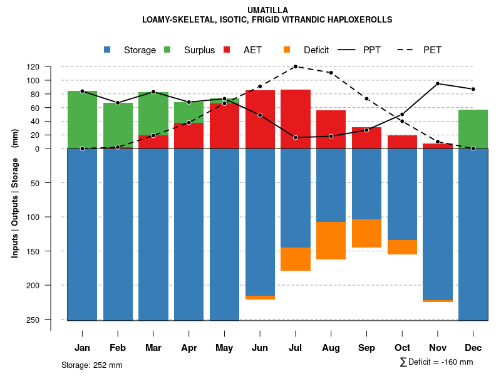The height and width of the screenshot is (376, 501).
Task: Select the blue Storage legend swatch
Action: (107, 50)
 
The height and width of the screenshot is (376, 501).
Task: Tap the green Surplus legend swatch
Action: (167, 50)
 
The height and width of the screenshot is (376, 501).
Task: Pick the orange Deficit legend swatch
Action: (287, 50)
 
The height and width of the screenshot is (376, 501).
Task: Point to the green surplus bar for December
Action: (473, 129)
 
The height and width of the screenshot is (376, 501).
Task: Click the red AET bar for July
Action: (296, 119)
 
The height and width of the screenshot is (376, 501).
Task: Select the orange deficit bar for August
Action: (331, 241)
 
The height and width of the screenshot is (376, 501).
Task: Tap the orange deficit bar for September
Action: (366, 233)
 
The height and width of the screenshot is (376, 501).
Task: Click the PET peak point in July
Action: (296, 66)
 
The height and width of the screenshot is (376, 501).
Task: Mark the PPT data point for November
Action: (438, 83)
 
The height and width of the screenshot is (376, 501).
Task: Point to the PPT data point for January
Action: (82, 91)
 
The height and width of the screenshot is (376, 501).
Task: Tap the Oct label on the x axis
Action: (402, 348)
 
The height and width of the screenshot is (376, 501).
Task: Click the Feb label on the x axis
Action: (118, 348)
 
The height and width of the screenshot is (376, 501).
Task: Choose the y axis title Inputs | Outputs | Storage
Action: (14, 198)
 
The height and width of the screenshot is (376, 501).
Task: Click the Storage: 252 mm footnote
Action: (91, 365)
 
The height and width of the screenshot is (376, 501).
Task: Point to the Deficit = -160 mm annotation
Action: (436, 362)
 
